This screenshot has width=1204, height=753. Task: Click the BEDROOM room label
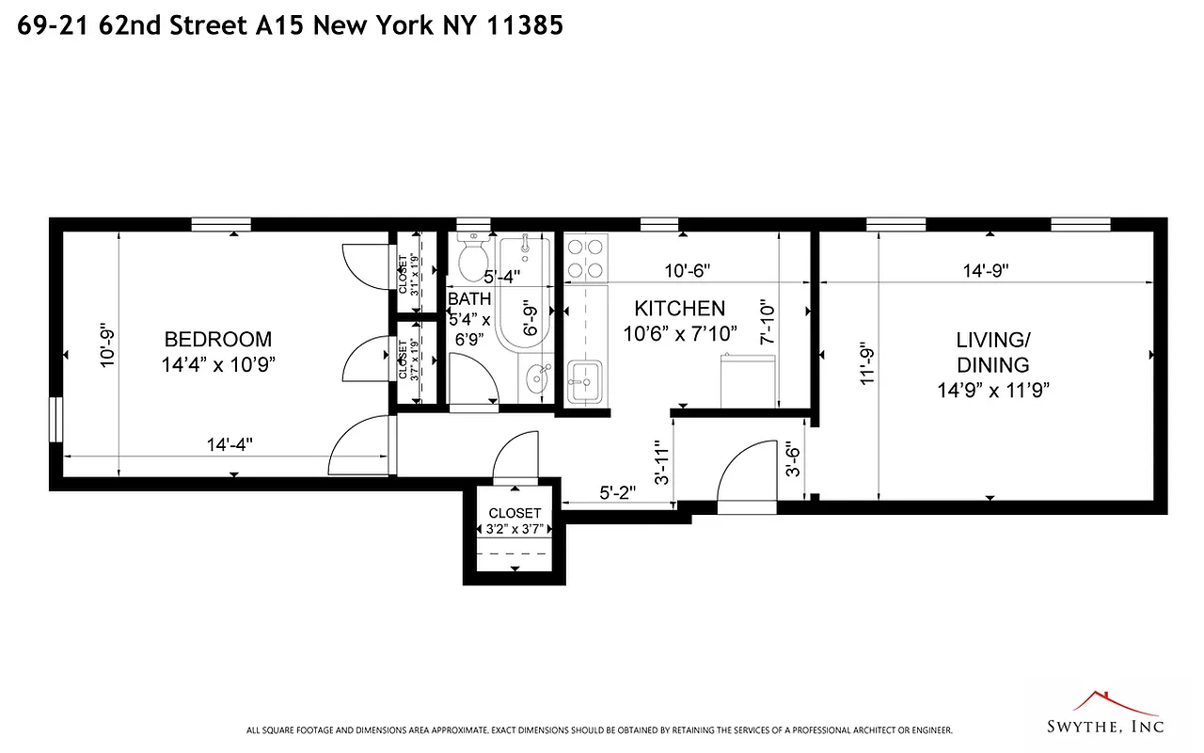pos(217,340)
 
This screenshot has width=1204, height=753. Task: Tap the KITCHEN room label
pos(679,309)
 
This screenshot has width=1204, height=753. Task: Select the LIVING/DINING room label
pos(992,351)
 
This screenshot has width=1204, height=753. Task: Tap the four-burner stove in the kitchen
pos(585,258)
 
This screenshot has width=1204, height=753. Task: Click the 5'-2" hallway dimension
pos(618,492)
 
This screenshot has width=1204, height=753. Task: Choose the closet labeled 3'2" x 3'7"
pos(515,521)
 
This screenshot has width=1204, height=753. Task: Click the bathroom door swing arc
pos(474,379)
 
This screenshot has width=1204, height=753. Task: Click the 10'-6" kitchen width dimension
pos(687,270)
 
